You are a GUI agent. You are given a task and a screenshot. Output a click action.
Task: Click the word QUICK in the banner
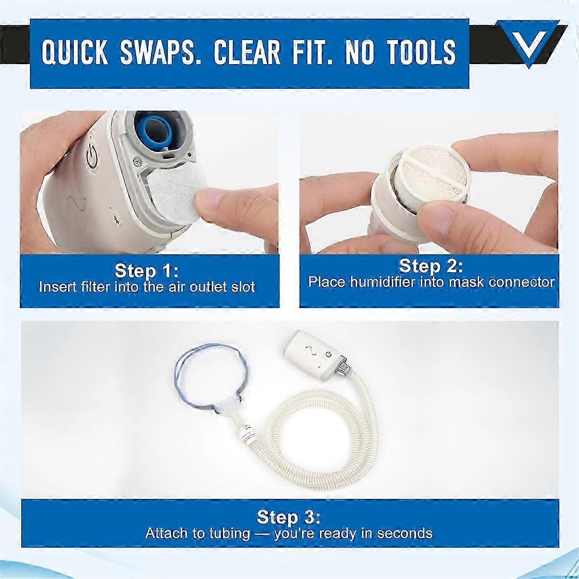(75, 53)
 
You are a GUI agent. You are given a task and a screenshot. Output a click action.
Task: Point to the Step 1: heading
(147, 271)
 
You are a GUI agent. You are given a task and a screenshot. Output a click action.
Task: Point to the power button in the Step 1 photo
(91, 159)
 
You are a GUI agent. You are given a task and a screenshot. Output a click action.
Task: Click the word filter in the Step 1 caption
(96, 287)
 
